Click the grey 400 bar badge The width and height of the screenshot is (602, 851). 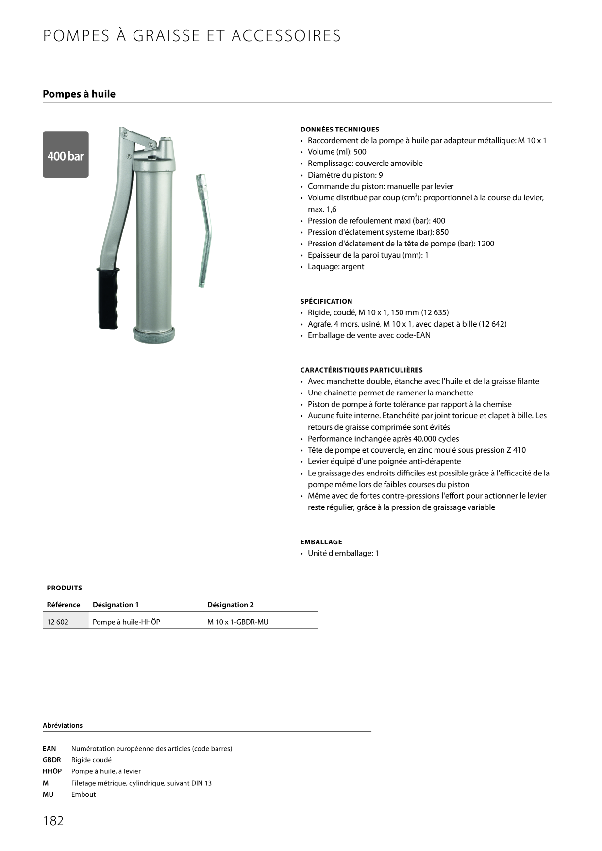pos(66,155)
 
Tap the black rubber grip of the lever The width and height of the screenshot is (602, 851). pos(108,298)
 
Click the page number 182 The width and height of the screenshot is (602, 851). pos(53,820)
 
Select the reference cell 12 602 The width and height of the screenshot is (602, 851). pos(58,622)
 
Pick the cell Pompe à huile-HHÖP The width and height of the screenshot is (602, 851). pos(126,622)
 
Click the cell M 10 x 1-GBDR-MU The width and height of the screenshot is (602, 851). pos(238,622)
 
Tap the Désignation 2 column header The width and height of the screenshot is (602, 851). pos(231,605)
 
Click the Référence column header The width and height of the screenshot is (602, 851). pos(64,605)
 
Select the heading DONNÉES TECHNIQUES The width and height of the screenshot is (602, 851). pos(340,130)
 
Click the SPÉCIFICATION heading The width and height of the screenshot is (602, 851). pos(326,301)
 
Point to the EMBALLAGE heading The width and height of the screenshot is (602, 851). pos(321,542)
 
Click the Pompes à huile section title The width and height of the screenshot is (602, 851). pos(79,94)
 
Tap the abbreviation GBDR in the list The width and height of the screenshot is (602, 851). pos(52,760)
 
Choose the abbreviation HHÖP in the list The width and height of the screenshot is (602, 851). pos(52,771)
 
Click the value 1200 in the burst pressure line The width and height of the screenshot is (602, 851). pos(485,244)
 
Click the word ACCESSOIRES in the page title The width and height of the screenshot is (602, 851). pos(286,36)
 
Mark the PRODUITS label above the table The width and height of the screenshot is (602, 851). pos(65,588)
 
